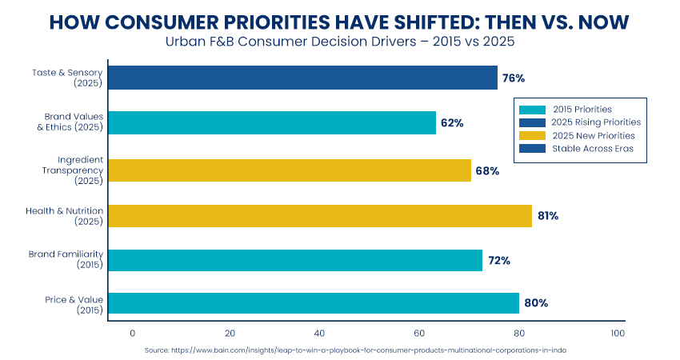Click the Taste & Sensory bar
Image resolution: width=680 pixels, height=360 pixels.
pyautogui.click(x=302, y=78)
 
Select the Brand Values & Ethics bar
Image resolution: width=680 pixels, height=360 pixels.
pyautogui.click(x=271, y=123)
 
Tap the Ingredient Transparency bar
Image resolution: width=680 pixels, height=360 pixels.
pyautogui.click(x=289, y=170)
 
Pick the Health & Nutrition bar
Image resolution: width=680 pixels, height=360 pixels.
pyautogui.click(x=319, y=216)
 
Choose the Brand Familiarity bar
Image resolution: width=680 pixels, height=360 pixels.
pyautogui.click(x=294, y=261)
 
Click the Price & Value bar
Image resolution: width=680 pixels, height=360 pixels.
pyautogui.click(x=313, y=303)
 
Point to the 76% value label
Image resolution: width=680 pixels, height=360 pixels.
pyautogui.click(x=514, y=78)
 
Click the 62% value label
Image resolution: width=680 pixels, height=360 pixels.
pyautogui.click(x=452, y=123)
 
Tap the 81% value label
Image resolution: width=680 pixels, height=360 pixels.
pyautogui.click(x=548, y=216)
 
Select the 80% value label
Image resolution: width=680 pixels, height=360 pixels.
pyautogui.click(x=535, y=303)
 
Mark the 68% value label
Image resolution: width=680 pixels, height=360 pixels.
pyautogui.click(x=487, y=170)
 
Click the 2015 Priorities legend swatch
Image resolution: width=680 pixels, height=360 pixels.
pyautogui.click(x=531, y=109)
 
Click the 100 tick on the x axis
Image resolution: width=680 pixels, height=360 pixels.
pyautogui.click(x=617, y=333)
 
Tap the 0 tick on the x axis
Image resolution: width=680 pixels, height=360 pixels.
pyautogui.click(x=133, y=333)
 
